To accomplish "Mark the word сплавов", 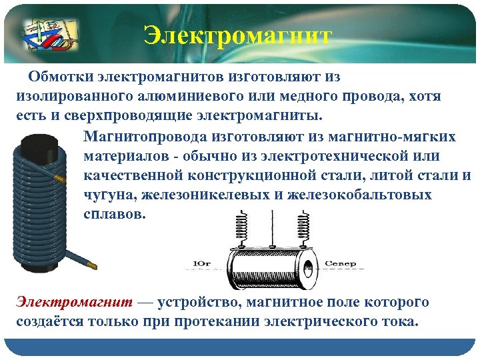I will point(113,215).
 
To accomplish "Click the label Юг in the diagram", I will point(202,264).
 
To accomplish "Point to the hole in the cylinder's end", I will point(307,269).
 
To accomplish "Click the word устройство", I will point(201,303).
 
